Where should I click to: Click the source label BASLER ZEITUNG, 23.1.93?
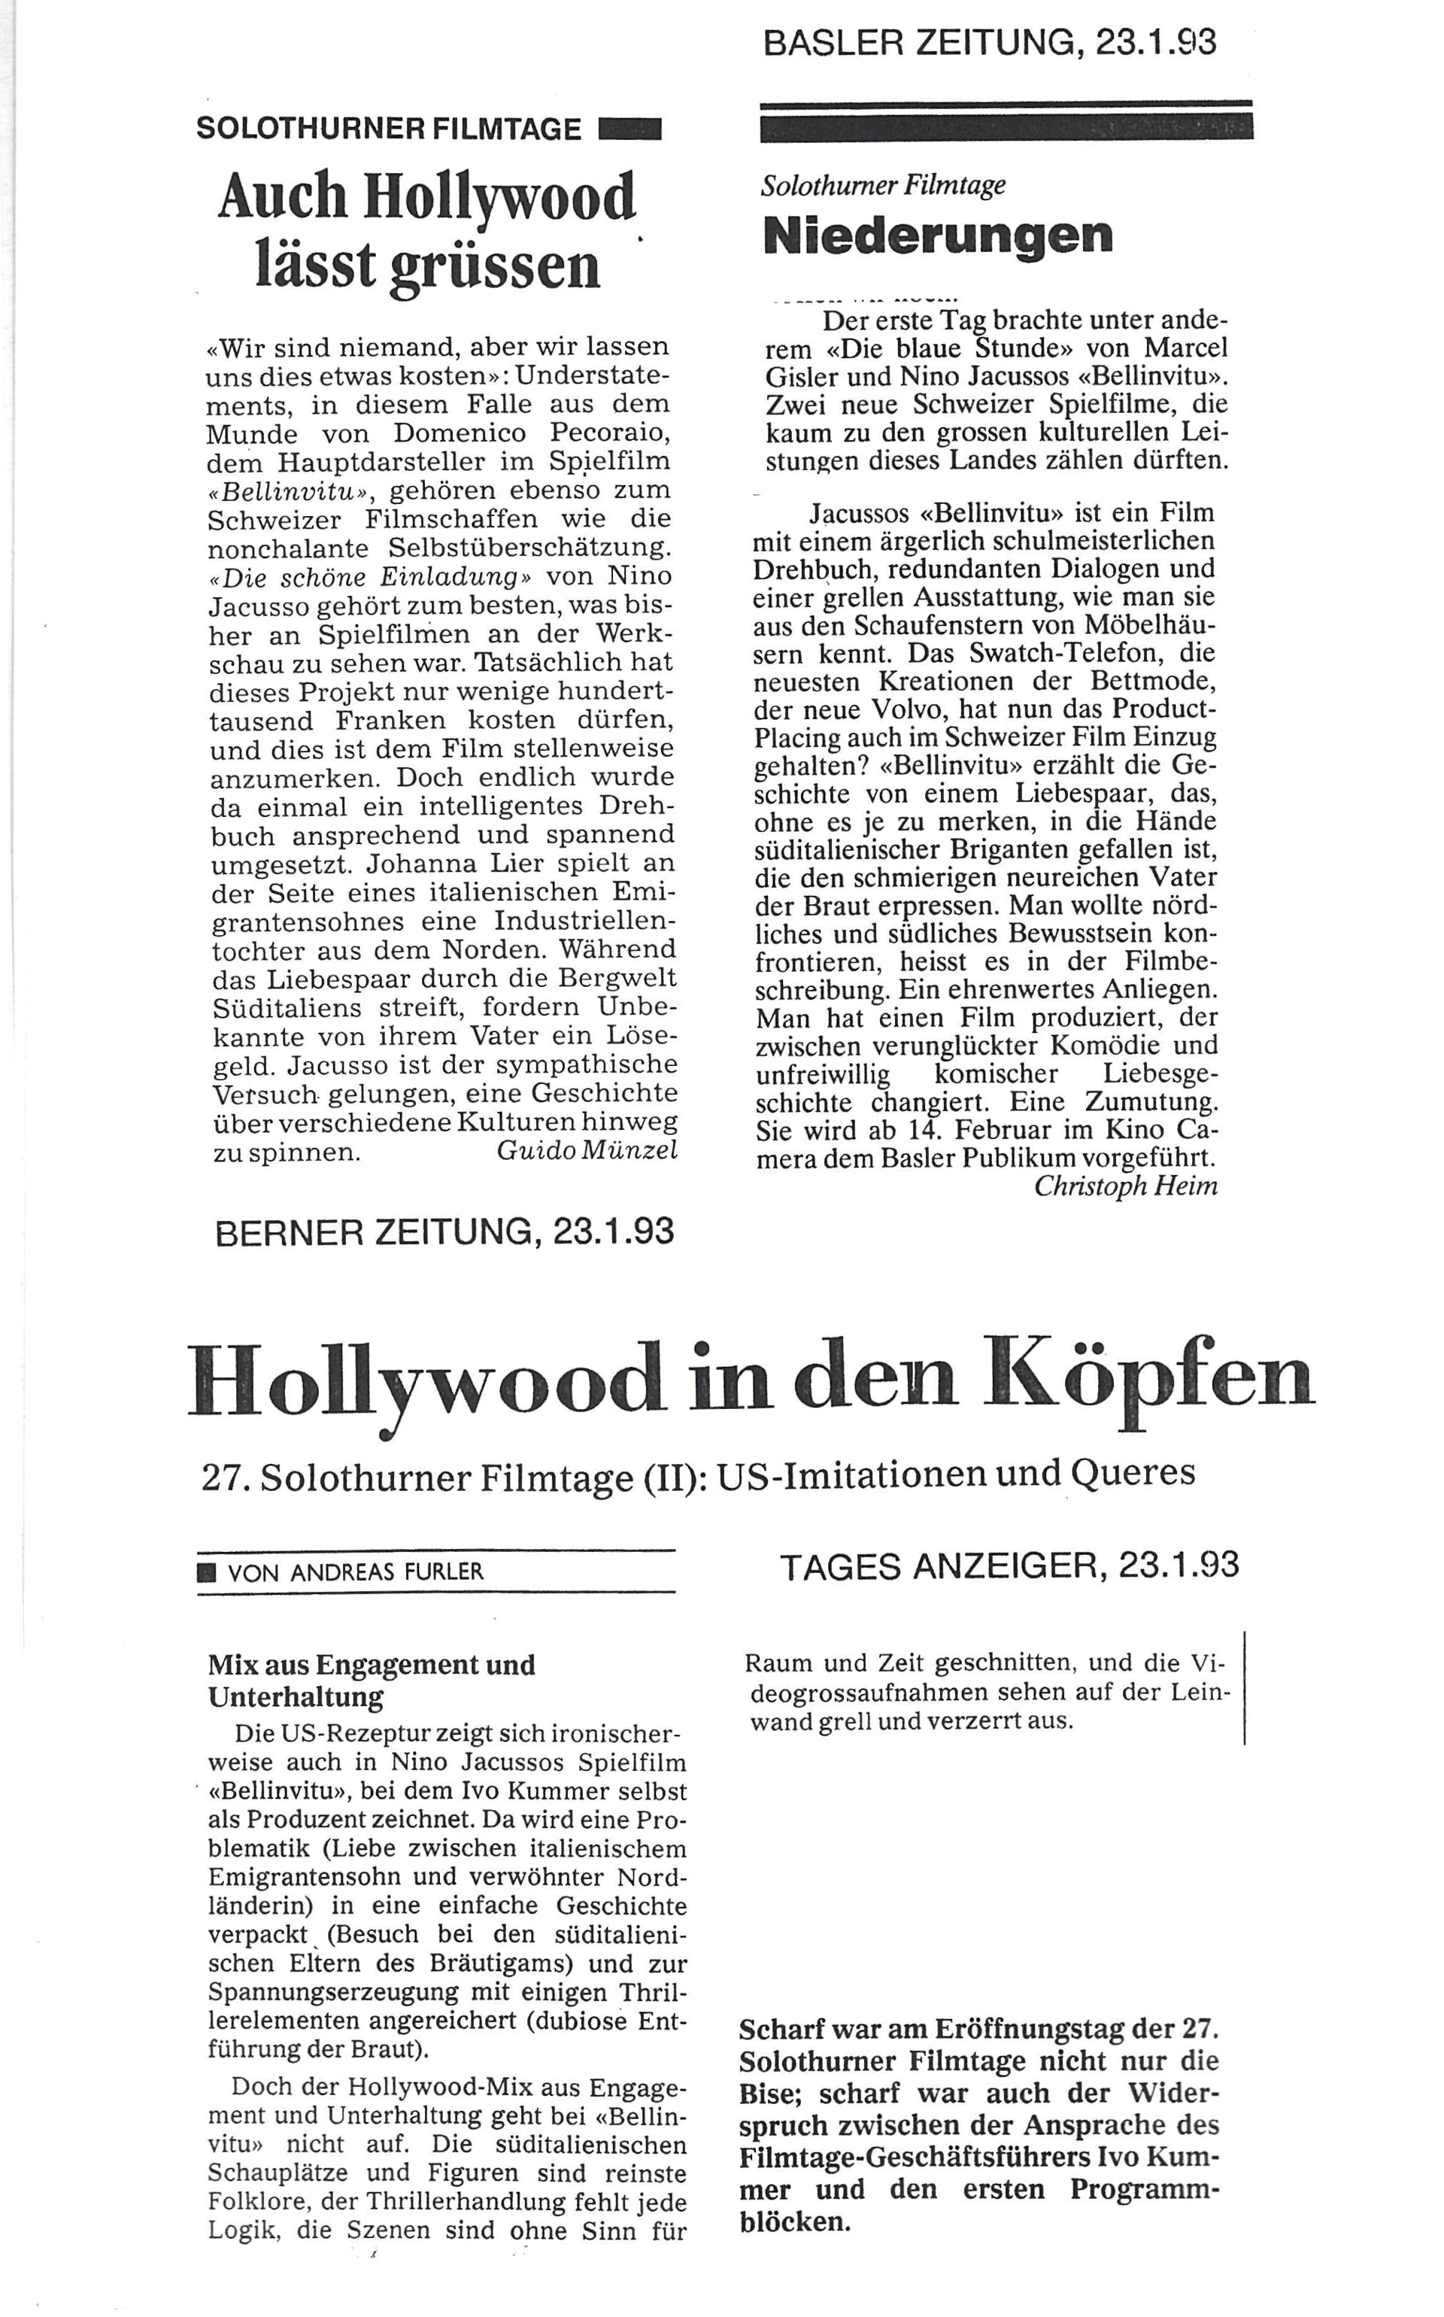(x=990, y=44)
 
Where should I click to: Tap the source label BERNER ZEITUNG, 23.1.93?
(x=445, y=1232)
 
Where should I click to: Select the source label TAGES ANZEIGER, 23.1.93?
(x=1009, y=1565)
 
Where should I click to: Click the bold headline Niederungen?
(x=938, y=235)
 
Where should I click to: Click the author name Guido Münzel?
(x=587, y=1151)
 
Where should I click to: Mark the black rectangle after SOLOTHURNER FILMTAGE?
(x=629, y=129)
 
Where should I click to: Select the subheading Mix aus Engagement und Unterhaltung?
(x=372, y=1680)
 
